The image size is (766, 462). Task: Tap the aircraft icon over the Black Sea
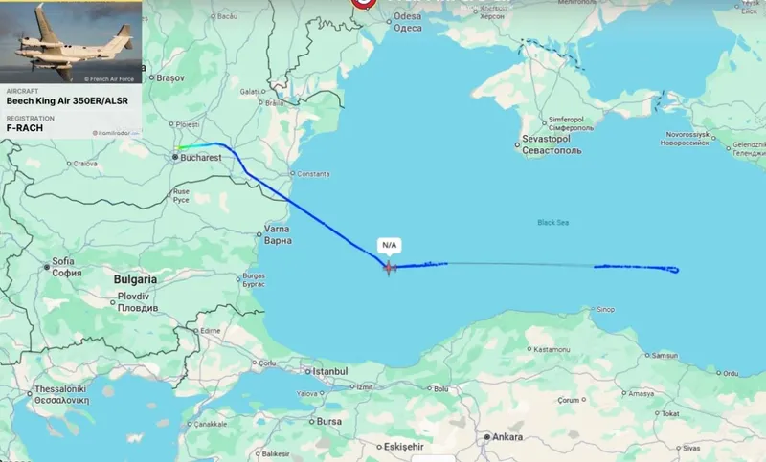(x=389, y=267)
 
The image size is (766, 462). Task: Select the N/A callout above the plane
(x=389, y=245)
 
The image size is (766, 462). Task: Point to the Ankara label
(x=507, y=437)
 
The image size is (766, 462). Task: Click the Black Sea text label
(x=552, y=222)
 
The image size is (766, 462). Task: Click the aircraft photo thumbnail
(x=71, y=42)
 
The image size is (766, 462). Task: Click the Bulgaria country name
(x=136, y=277)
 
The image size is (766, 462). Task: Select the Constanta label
(x=314, y=175)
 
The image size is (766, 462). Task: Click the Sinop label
(x=604, y=309)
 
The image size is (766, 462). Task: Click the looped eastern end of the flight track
(x=673, y=271)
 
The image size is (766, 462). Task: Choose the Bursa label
(x=328, y=421)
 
